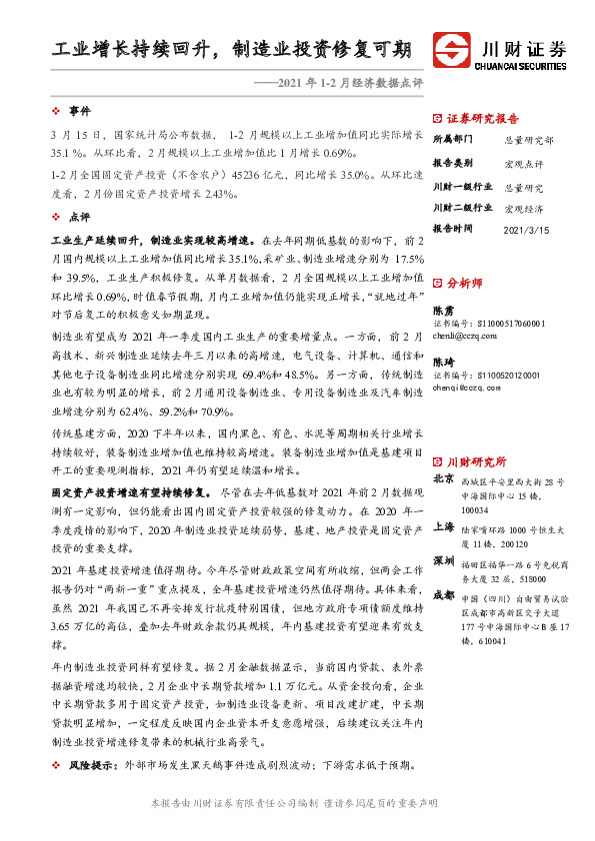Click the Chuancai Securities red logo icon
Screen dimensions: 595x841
[453, 51]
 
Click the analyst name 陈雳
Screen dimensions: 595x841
[443, 311]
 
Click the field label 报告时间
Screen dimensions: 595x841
[454, 229]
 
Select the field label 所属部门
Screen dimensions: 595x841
[454, 140]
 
